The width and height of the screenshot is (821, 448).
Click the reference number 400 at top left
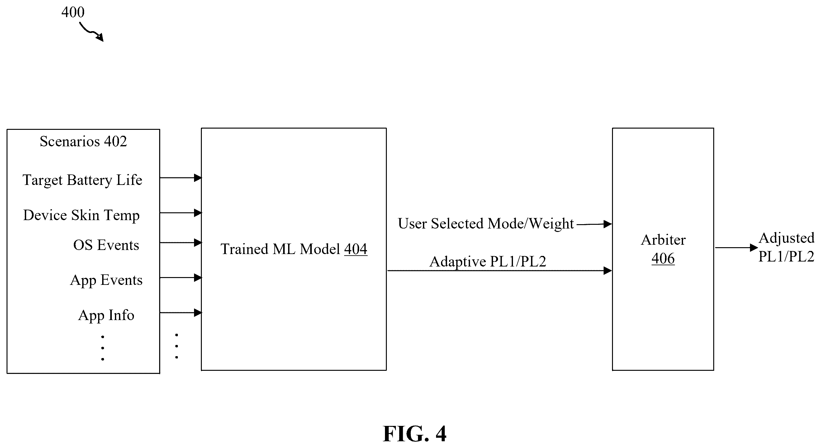[73, 12]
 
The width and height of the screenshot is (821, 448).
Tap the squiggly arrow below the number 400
[91, 32]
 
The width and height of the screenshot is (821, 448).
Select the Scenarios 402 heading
[83, 141]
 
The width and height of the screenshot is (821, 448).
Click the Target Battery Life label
[82, 180]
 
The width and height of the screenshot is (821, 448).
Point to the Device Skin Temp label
[81, 215]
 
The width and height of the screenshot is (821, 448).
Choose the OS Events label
[106, 245]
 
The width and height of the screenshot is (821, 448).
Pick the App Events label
[106, 281]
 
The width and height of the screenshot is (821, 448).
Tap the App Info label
[106, 315]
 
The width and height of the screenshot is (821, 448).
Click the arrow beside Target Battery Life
[181, 178]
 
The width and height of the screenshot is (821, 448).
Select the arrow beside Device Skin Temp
[181, 213]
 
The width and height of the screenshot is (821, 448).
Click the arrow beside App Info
[181, 313]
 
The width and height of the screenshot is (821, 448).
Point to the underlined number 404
[356, 249]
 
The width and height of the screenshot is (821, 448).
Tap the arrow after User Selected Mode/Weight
[594, 224]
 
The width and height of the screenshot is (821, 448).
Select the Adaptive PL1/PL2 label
[488, 262]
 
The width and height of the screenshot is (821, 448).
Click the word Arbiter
[663, 240]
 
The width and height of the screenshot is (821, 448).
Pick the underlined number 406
[663, 258]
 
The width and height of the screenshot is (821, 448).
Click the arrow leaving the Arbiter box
[736, 248]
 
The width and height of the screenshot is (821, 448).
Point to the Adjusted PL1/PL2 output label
[786, 247]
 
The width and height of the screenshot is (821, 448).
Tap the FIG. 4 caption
[415, 434]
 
